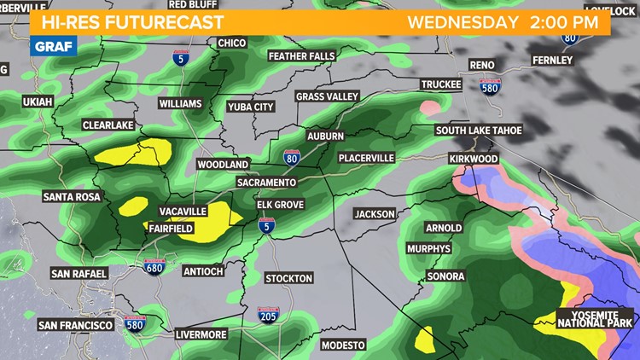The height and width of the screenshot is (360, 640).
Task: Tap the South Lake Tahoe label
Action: pos(479,131)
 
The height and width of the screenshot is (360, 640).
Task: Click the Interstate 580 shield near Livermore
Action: pos(135,324)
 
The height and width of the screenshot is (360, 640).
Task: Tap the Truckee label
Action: pos(441,84)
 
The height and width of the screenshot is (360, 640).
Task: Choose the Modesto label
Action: pos(343,345)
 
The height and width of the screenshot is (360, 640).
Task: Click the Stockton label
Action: pos(288,278)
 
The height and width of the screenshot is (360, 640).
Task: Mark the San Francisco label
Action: pos(75,326)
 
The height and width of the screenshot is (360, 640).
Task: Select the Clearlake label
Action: pos(108,125)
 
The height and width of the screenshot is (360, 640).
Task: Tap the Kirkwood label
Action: pos(473,160)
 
